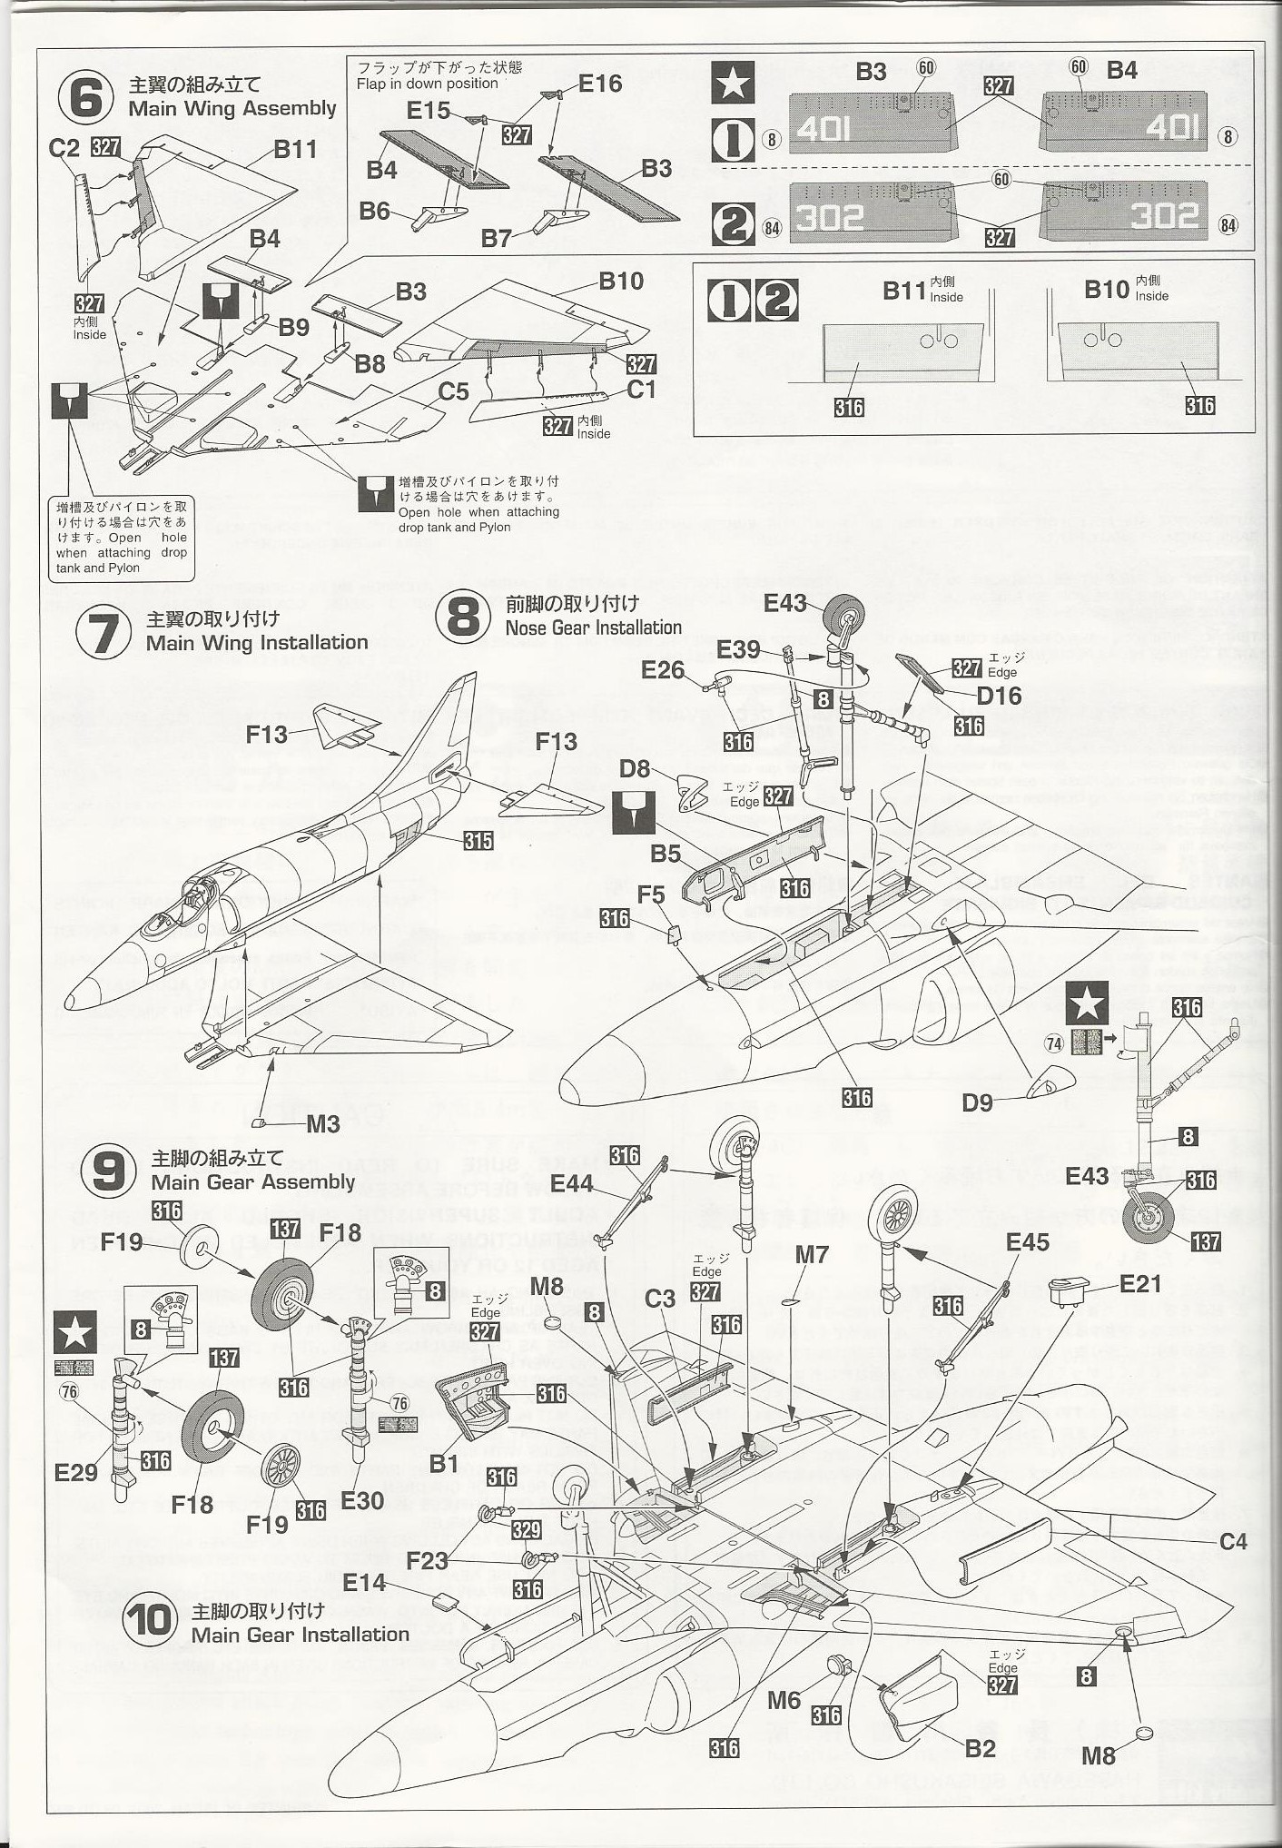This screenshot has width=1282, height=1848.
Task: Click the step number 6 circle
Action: tap(85, 97)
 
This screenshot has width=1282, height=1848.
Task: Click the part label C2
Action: tap(64, 147)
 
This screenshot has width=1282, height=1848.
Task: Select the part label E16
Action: tap(599, 84)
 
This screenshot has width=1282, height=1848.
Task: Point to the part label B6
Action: tap(374, 211)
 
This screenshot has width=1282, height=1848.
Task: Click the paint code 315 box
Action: tap(478, 841)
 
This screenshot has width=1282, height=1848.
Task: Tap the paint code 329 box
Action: tap(527, 1530)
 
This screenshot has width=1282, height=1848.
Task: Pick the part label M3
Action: tap(323, 1123)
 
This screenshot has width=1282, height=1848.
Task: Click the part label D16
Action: tap(999, 697)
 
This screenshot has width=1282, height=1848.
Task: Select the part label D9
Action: tap(977, 1102)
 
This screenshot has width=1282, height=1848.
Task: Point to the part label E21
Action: tap(1140, 1283)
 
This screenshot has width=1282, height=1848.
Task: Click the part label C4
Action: tap(1233, 1541)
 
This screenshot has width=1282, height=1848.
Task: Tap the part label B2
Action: tap(980, 1748)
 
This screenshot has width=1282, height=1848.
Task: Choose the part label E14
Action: tap(364, 1583)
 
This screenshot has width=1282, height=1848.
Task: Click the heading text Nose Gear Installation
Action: tap(593, 628)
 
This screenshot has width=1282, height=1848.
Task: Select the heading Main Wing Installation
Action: tap(257, 643)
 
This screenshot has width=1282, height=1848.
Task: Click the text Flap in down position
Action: tap(427, 84)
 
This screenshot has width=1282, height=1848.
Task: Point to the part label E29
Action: tap(76, 1472)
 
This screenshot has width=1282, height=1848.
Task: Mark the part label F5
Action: tap(650, 894)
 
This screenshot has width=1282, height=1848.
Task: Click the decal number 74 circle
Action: tap(1053, 1043)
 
